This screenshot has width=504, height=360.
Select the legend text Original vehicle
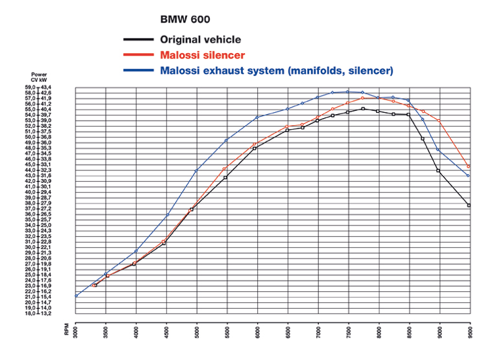(200, 40)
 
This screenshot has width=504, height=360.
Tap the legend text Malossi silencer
(202, 55)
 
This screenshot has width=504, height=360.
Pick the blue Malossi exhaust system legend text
(276, 70)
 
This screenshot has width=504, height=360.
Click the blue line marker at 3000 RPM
(76, 296)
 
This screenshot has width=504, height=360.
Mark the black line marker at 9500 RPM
(469, 206)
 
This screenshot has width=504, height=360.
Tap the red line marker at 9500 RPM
(469, 167)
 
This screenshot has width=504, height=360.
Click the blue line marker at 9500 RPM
(469, 176)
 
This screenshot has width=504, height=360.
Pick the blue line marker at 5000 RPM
(196, 171)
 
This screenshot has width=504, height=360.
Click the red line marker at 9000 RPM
(439, 121)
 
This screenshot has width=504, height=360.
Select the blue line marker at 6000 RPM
(257, 117)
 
